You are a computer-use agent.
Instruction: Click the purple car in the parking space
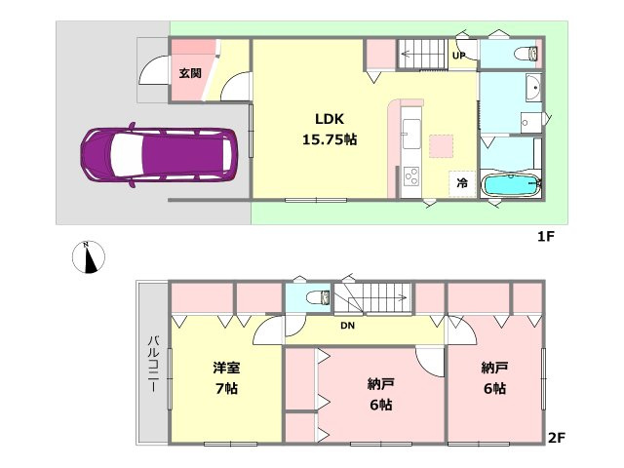(159, 155)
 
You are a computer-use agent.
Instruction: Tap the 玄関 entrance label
(190, 73)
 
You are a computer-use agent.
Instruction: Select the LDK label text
(330, 119)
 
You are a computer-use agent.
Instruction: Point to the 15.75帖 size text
(330, 139)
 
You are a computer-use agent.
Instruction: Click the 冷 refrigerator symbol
(462, 183)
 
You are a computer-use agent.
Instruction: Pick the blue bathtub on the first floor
(511, 185)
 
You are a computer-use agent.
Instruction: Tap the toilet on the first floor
(526, 54)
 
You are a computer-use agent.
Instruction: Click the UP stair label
(459, 56)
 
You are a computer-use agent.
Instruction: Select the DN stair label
(347, 326)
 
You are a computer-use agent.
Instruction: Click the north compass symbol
(89, 256)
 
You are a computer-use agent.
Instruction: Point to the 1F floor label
(546, 237)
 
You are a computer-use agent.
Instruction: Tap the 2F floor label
(557, 438)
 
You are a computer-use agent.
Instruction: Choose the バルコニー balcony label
(154, 364)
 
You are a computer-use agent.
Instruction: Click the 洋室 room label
(226, 368)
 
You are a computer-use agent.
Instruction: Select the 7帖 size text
(226, 388)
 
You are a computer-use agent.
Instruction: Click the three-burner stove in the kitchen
(411, 176)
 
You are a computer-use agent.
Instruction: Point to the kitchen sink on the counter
(411, 135)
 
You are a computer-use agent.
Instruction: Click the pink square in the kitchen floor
(441, 146)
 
